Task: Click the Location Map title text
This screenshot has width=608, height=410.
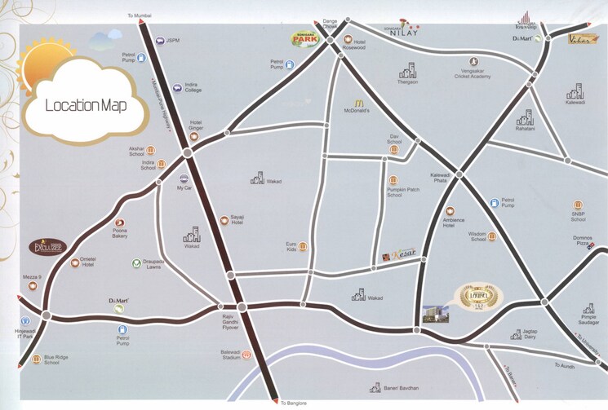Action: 85,106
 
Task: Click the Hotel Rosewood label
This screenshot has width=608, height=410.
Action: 353,47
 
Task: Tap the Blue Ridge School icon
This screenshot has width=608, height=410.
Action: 36,359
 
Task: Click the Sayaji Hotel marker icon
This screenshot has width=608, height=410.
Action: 224,219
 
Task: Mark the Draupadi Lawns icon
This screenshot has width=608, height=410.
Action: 136,263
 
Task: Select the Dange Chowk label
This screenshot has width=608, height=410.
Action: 330,24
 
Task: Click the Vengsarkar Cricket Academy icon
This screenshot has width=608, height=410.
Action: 473,61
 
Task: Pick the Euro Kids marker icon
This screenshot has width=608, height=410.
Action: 302,245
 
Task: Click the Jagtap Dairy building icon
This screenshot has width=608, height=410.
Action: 517,333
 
